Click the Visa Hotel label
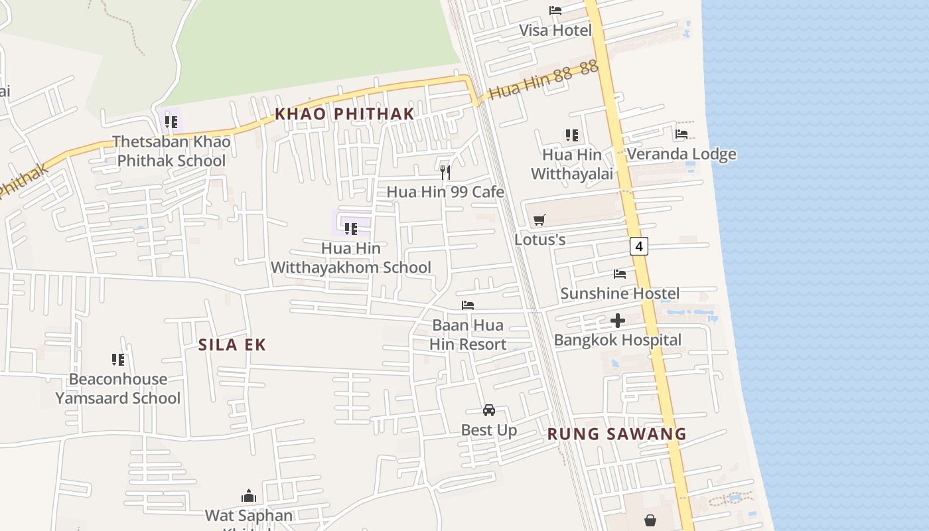pyautogui.click(x=555, y=31)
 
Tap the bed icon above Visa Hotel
pyautogui.click(x=555, y=10)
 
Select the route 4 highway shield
pyautogui.click(x=638, y=246)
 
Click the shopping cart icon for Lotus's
pyautogui.click(x=539, y=220)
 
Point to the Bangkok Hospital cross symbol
pyautogui.click(x=618, y=321)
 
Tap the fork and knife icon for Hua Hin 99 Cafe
pyautogui.click(x=445, y=173)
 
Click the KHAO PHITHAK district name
pyautogui.click(x=344, y=114)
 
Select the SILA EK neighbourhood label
pyautogui.click(x=232, y=344)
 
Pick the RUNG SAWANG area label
pyautogui.click(x=616, y=434)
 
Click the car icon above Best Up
pyautogui.click(x=489, y=410)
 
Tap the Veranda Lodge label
pyautogui.click(x=681, y=155)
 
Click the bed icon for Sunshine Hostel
pyautogui.click(x=620, y=273)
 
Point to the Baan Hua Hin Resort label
pyautogui.click(x=468, y=335)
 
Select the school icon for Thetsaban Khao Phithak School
pyautogui.click(x=171, y=122)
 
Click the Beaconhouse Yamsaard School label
pyautogui.click(x=117, y=388)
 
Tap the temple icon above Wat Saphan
pyautogui.click(x=249, y=496)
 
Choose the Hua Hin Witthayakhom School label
pyautogui.click(x=351, y=258)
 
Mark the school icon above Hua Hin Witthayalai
pyautogui.click(x=572, y=135)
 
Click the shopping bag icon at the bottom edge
pyautogui.click(x=650, y=520)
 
